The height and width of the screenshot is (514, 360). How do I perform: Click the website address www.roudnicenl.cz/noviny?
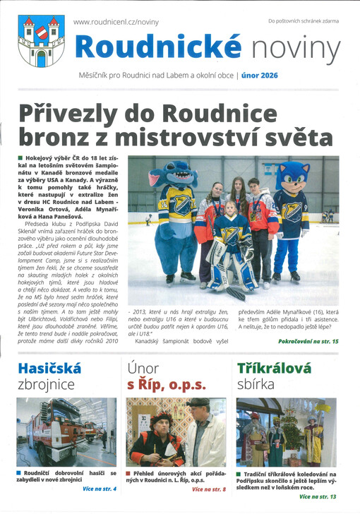pyautogui.click(x=116, y=23)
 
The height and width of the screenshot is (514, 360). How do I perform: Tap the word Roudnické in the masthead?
pyautogui.click(x=159, y=47)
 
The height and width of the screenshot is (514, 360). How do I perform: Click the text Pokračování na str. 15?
pyautogui.click(x=308, y=342)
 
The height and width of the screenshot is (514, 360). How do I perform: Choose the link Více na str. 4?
pyautogui.click(x=98, y=489)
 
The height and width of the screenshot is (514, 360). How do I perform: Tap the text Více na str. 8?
pyautogui.click(x=208, y=489)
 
